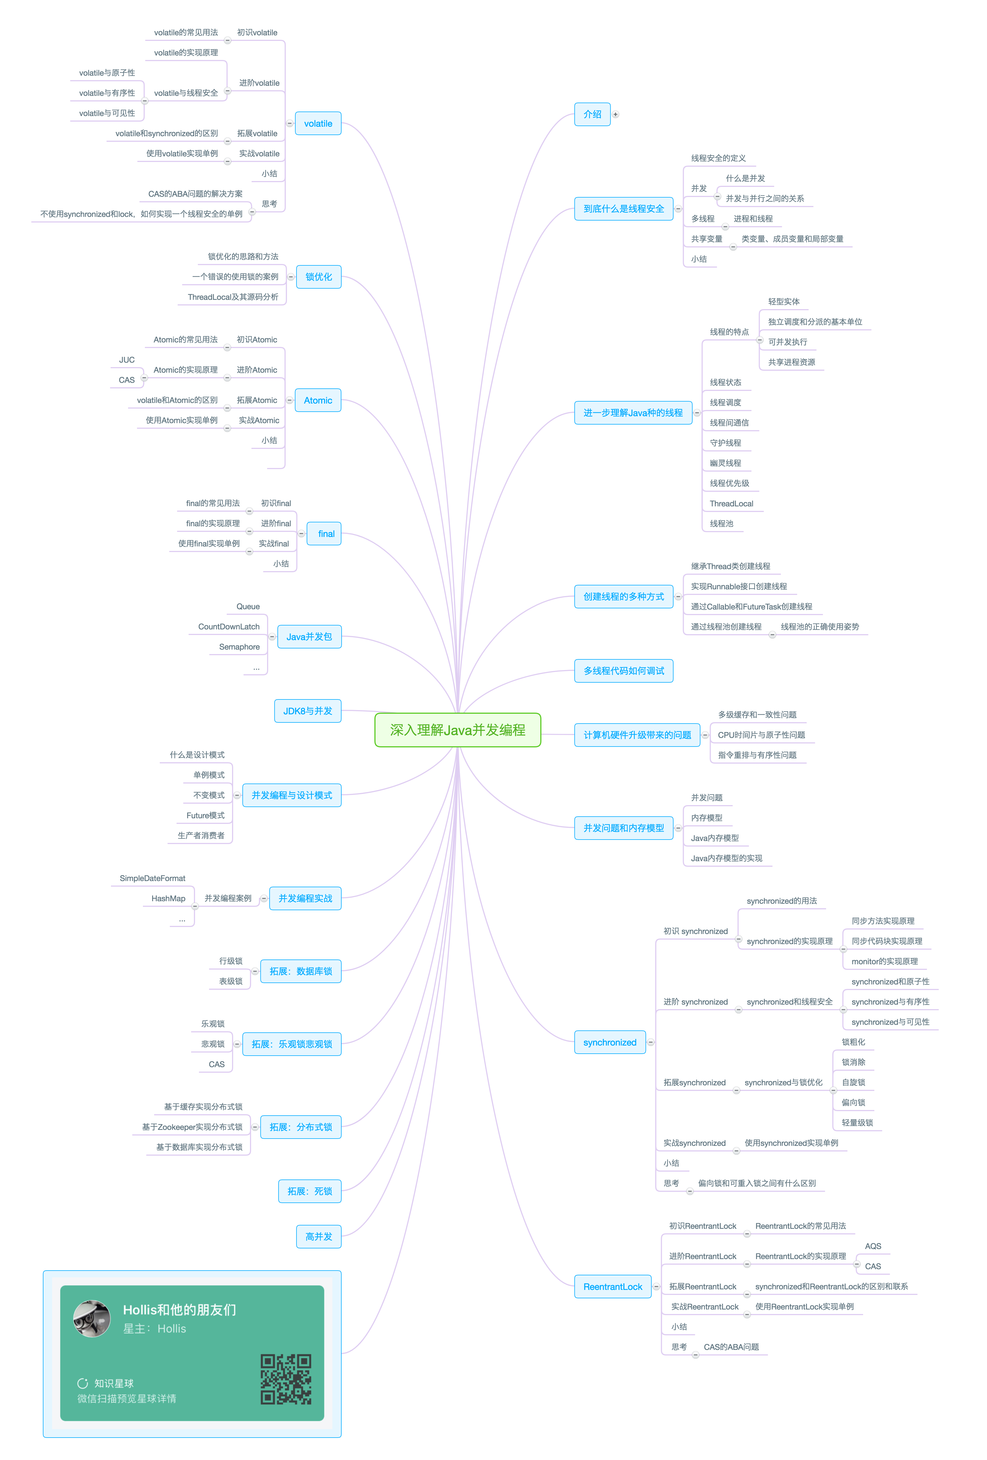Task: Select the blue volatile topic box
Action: point(318,124)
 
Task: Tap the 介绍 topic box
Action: point(592,114)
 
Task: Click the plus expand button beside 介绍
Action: point(616,114)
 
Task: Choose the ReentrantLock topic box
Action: point(613,1287)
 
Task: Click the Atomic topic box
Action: point(318,400)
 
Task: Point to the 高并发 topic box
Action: point(319,1236)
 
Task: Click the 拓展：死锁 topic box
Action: point(310,1191)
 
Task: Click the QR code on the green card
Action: point(286,1379)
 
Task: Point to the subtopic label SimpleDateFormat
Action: point(153,878)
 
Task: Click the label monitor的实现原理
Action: point(884,961)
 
